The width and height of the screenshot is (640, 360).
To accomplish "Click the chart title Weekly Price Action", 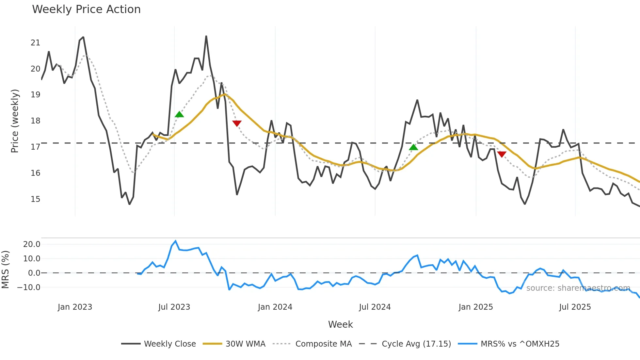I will pyautogui.click(x=86, y=9).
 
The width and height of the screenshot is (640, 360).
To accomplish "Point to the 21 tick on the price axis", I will pyautogui.click(x=35, y=43).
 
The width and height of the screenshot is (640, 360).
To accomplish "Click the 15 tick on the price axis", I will pyautogui.click(x=35, y=199).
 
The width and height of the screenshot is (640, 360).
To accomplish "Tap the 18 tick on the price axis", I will pyautogui.click(x=35, y=121).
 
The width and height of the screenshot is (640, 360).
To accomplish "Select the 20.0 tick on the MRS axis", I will pyautogui.click(x=32, y=244).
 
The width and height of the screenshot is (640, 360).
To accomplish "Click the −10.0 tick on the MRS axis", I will pyautogui.click(x=29, y=287).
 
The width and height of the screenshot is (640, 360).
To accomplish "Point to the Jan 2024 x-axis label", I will pyautogui.click(x=275, y=307).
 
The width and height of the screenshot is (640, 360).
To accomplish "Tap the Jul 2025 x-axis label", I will pyautogui.click(x=575, y=307).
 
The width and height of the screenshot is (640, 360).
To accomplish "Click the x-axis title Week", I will pyautogui.click(x=340, y=324).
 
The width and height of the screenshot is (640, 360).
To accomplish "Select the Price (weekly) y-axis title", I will pyautogui.click(x=15, y=121).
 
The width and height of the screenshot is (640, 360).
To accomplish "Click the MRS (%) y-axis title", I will pyautogui.click(x=5, y=270).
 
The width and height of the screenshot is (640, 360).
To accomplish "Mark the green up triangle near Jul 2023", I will pyautogui.click(x=179, y=114).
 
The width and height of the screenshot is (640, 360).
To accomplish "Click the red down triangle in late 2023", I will pyautogui.click(x=237, y=123).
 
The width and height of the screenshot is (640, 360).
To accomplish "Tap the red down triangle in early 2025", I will pyautogui.click(x=502, y=154).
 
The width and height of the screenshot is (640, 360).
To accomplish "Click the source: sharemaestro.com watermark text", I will pyautogui.click(x=578, y=288).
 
